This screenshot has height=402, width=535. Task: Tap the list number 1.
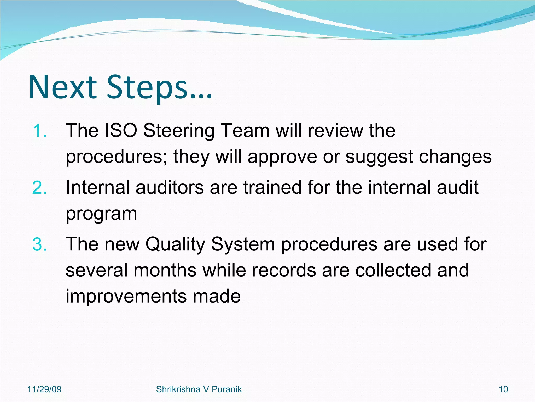click(x=40, y=131)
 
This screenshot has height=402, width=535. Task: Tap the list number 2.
click(x=40, y=188)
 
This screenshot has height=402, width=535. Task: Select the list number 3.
click(x=40, y=245)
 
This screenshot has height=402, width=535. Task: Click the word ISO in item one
click(x=121, y=130)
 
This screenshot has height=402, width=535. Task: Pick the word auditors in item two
click(x=170, y=187)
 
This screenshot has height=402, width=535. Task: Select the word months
click(x=165, y=270)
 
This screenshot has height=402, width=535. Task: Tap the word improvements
click(x=125, y=296)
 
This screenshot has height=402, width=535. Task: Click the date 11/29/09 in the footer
click(x=44, y=389)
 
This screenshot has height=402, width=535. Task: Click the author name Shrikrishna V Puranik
click(x=199, y=389)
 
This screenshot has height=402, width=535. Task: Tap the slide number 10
click(x=503, y=389)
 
